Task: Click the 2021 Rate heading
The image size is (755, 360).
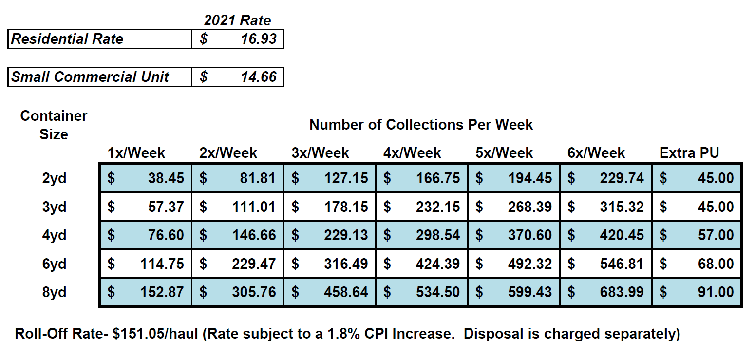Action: tap(237, 20)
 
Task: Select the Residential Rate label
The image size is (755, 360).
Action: tap(67, 39)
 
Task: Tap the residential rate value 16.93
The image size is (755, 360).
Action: tap(259, 39)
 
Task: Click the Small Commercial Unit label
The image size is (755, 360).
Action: tap(90, 77)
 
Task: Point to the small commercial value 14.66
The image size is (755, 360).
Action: tap(259, 77)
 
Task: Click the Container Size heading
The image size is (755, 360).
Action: tap(54, 125)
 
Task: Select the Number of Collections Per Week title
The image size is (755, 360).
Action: tap(421, 125)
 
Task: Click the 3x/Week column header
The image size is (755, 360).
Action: tap(320, 153)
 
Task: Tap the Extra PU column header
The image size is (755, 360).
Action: tap(689, 153)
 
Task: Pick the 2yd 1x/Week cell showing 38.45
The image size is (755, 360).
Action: tap(166, 178)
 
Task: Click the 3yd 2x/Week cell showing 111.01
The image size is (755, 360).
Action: tap(254, 207)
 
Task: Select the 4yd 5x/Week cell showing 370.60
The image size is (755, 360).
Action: tap(530, 235)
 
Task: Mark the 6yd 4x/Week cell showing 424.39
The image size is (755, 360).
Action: tap(437, 264)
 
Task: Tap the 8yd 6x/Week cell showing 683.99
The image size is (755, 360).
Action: tap(622, 292)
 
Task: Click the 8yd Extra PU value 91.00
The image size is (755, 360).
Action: tap(715, 292)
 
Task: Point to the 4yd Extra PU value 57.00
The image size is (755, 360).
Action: tap(715, 235)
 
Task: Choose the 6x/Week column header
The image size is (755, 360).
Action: tap(596, 153)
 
